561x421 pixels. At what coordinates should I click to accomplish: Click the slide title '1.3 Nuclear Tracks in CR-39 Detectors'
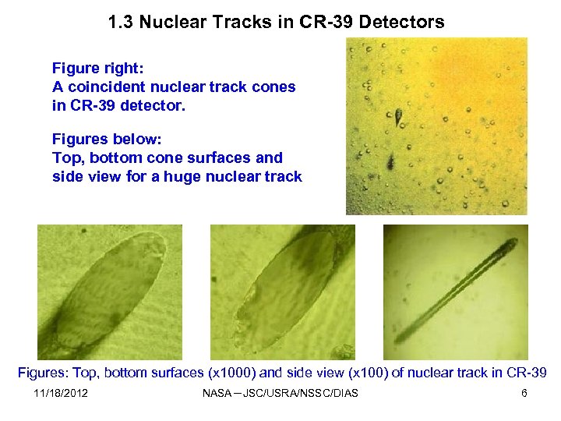277,22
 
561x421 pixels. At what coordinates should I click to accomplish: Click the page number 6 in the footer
524,393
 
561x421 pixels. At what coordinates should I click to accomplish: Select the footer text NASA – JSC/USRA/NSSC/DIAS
280,393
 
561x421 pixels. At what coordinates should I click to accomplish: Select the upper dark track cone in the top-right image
398,117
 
